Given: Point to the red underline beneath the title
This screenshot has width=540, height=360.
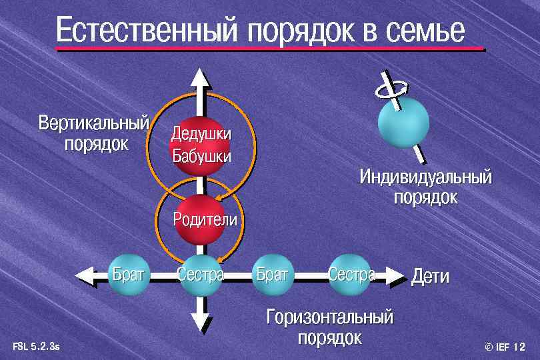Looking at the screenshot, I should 270,49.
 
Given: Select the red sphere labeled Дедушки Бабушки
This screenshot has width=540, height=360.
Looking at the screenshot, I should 201,145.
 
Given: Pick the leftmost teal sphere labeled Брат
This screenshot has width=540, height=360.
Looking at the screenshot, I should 127,274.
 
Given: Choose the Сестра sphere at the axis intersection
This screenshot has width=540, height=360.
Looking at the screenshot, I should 200,274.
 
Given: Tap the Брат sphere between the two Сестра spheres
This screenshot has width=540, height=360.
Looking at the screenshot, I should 272,274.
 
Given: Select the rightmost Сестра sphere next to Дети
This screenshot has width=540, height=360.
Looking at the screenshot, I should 351,274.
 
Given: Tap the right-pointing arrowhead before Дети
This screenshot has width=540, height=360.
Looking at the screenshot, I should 395,275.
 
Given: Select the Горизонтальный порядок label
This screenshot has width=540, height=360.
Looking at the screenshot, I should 330,327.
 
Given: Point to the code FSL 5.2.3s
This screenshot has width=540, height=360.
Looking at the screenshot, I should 36,347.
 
